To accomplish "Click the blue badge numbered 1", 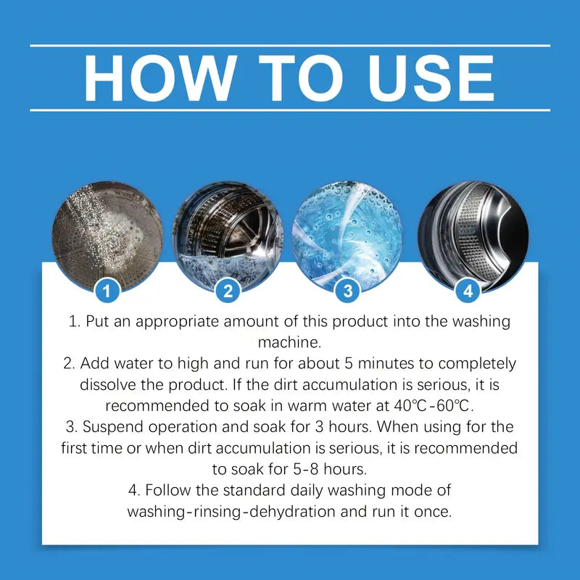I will [107, 291].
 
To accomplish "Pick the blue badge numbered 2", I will [228, 291].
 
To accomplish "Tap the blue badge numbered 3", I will [348, 291].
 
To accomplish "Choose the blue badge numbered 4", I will [468, 291].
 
